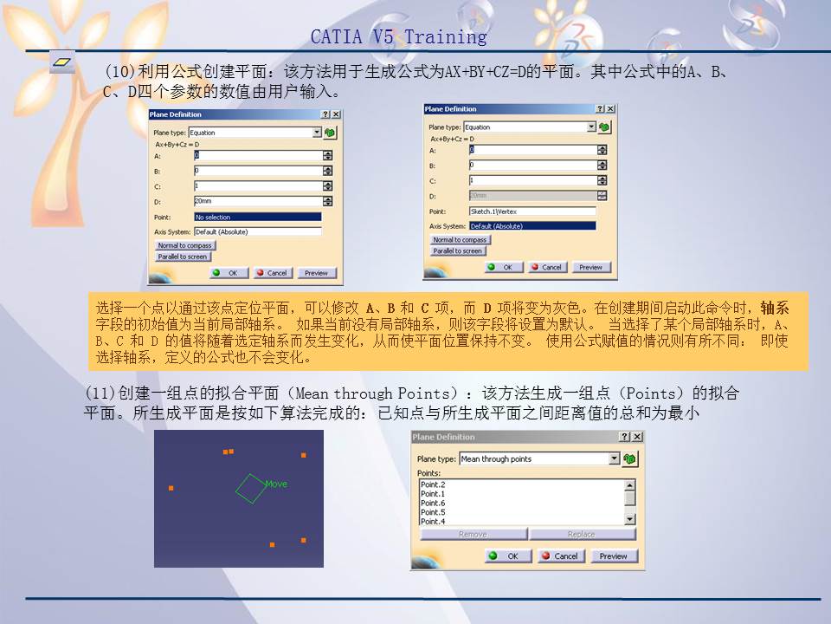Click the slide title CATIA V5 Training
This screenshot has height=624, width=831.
[398, 37]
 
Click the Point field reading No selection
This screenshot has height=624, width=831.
[257, 217]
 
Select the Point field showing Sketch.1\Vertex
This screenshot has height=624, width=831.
[531, 211]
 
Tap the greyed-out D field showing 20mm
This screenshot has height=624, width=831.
[531, 196]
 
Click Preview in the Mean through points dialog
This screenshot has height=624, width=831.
[613, 556]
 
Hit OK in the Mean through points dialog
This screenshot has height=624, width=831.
[505, 556]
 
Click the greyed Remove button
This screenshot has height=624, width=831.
[473, 534]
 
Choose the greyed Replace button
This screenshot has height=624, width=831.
[581, 534]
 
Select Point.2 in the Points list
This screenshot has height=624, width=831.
[433, 484]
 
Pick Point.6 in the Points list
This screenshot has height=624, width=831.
[433, 503]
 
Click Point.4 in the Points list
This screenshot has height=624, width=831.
[433, 521]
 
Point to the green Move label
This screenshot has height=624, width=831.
[276, 484]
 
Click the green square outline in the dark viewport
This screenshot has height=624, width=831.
[250, 488]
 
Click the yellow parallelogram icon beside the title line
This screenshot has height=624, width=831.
[62, 62]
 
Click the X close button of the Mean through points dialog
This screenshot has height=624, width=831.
[637, 437]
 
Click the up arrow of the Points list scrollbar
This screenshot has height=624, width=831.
[629, 485]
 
